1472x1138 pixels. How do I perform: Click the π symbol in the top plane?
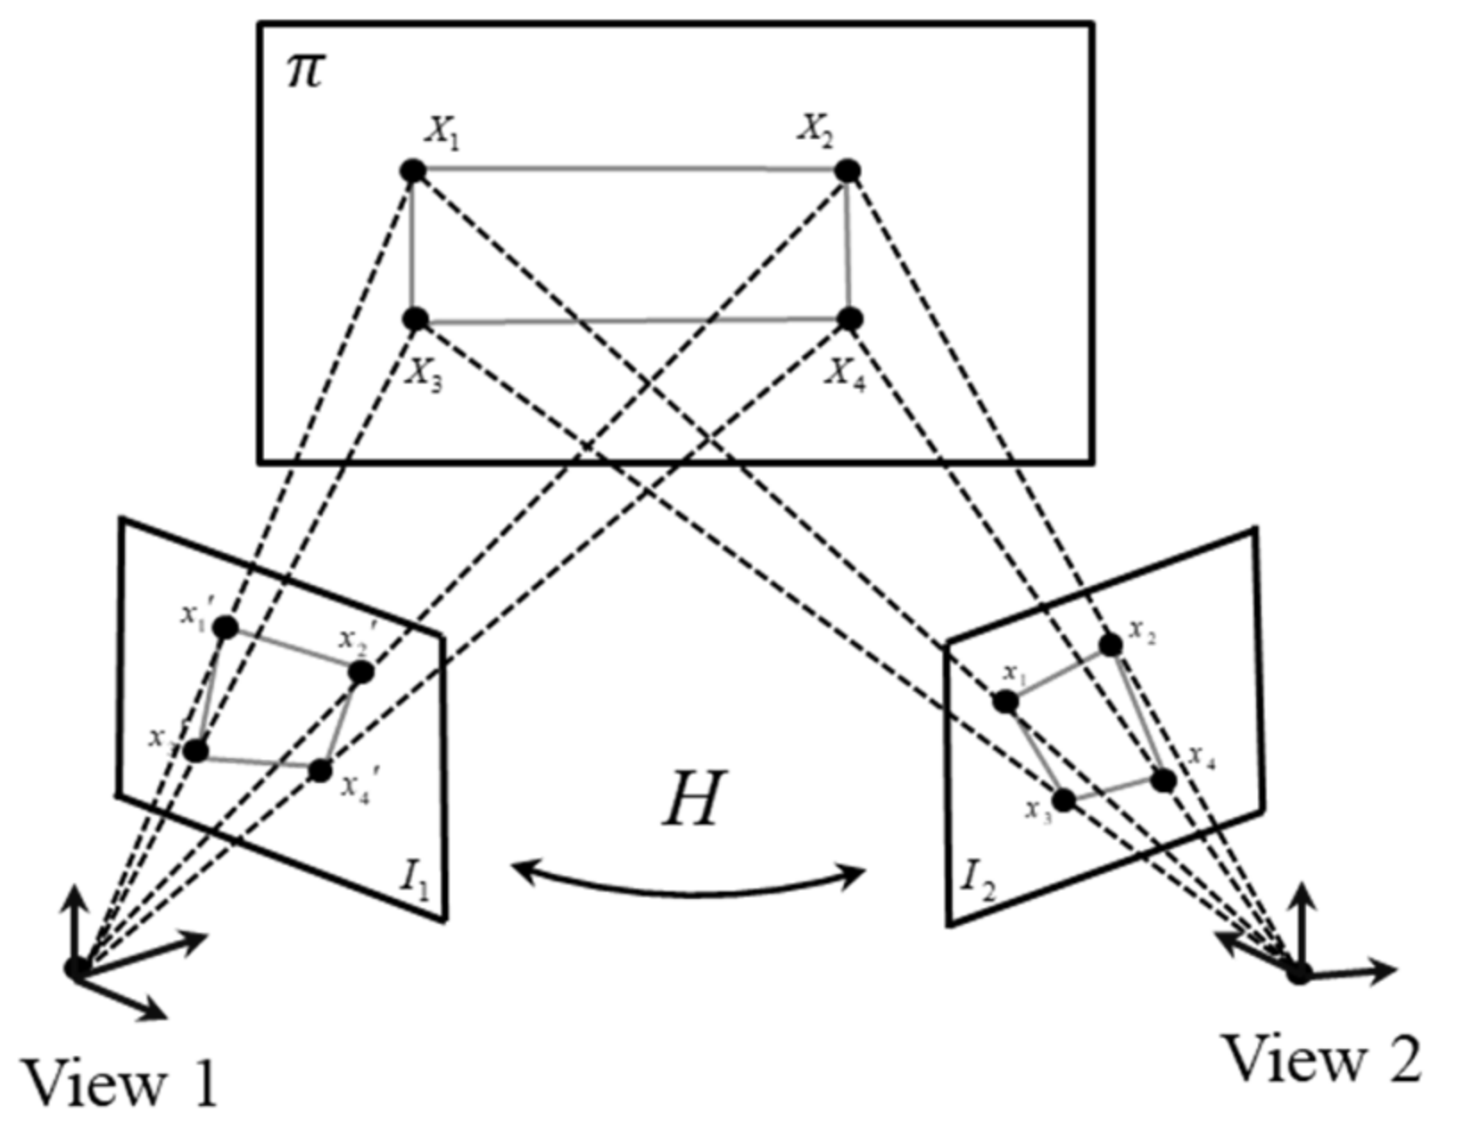click(303, 70)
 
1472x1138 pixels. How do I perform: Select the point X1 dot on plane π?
click(412, 170)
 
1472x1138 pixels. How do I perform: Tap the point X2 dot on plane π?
click(848, 170)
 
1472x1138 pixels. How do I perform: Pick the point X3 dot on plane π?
click(415, 318)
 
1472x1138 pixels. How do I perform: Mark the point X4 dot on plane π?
click(850, 318)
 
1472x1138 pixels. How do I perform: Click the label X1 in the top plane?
click(442, 133)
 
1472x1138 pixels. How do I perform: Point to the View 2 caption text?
click(1321, 1060)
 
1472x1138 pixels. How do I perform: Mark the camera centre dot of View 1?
click(76, 967)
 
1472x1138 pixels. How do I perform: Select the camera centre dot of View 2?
click(1299, 973)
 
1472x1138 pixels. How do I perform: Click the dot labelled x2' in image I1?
click(361, 672)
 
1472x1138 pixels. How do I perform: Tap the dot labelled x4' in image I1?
click(320, 771)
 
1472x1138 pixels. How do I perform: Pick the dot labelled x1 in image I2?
click(1005, 702)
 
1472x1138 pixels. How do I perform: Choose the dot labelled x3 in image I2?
click(1063, 799)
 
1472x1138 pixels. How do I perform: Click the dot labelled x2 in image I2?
click(1110, 645)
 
